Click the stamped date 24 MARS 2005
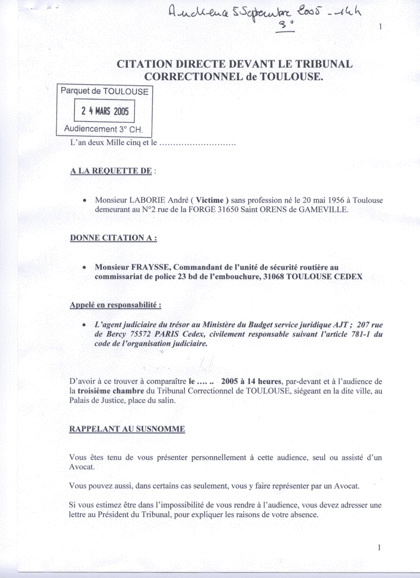coord(105,111)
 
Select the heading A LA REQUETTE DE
coord(111,171)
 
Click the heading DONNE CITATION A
coord(113,237)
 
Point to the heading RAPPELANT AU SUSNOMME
coord(127,430)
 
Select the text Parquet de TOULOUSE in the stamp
coord(104,91)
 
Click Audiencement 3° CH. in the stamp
coord(104,129)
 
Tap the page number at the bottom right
coord(379,547)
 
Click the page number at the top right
coord(381,27)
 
